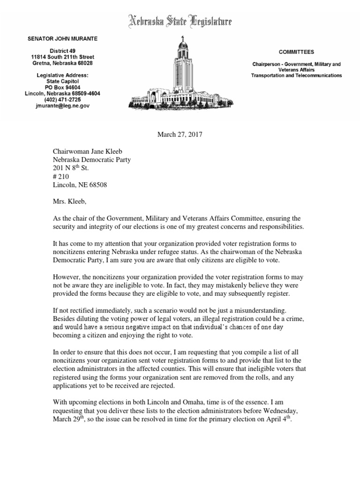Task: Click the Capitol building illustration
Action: [x=181, y=75]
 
